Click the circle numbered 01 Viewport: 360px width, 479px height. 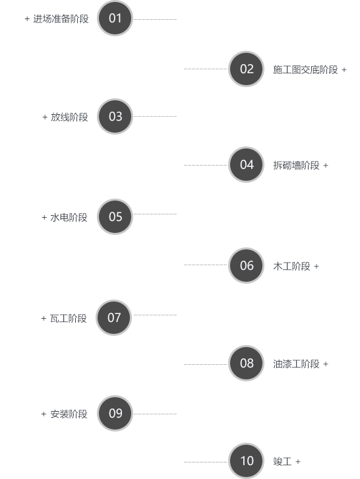tap(115, 18)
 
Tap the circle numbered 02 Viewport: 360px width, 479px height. tap(246, 69)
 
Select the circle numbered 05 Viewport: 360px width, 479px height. tap(115, 217)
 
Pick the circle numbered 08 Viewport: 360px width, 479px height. tap(246, 364)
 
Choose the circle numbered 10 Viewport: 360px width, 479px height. tap(246, 461)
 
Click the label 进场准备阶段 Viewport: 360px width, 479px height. tap(61, 19)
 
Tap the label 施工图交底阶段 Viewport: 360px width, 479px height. tap(305, 70)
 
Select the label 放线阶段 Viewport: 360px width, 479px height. tap(69, 117)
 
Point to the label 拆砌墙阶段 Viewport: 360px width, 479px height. tap(296, 165)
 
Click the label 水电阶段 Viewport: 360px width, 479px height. tap(69, 218)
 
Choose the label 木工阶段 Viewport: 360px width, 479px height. tap(291, 267)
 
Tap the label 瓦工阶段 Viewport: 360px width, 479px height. tap(69, 318)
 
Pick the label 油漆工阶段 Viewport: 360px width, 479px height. tap(296, 364)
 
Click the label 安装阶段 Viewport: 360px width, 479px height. tap(69, 414)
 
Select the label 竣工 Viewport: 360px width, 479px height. tap(282, 461)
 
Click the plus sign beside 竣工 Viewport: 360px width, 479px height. tap(298, 462)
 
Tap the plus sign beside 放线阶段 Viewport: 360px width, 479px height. tap(45, 117)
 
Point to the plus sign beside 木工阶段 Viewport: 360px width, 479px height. tap(316, 267)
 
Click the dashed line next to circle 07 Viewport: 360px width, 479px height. tap(155, 315)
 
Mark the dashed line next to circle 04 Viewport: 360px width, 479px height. tap(206, 165)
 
